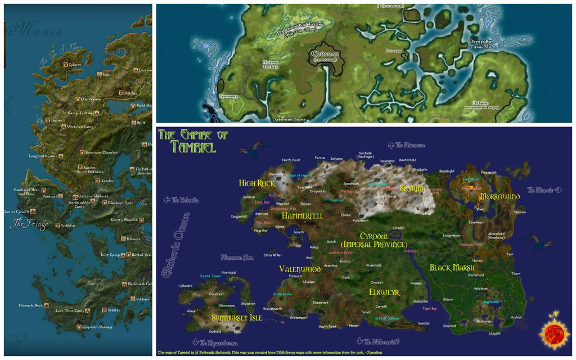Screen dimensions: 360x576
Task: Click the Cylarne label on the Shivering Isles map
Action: [75, 65]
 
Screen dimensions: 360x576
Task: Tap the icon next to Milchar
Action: [120, 93]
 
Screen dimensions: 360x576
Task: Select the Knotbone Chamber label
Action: [102, 152]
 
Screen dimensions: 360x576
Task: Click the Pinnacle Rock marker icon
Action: [46, 305]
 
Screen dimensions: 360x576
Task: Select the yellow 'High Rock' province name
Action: [256, 183]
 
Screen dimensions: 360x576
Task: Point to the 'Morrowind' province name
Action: [499, 197]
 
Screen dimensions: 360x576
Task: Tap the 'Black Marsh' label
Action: [452, 268]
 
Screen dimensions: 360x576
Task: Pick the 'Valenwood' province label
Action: [300, 269]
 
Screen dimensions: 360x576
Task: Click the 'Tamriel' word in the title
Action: [187, 147]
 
